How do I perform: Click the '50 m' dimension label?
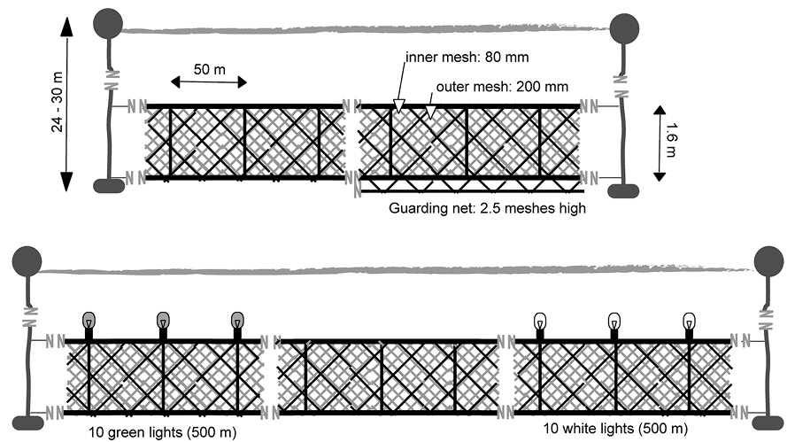210,69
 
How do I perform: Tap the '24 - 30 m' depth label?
58,102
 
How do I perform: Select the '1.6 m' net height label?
671,140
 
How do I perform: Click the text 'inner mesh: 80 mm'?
467,57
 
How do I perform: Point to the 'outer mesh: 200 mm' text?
502,87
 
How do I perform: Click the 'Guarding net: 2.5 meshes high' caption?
487,208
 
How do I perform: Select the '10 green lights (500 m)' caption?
162,432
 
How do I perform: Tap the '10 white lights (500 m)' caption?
615,429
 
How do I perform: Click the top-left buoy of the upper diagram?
108,23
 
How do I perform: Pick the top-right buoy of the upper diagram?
624,28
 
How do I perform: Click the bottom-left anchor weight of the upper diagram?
109,186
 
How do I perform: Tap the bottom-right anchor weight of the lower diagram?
768,423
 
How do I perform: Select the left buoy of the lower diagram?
27,261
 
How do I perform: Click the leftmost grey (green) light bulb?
89,321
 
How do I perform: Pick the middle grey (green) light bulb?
163,321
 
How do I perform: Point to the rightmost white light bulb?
689,322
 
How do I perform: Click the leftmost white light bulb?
540,322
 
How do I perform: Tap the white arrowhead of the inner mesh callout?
399,106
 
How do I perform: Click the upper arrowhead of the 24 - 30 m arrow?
66,27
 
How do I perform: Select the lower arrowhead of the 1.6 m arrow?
660,176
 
